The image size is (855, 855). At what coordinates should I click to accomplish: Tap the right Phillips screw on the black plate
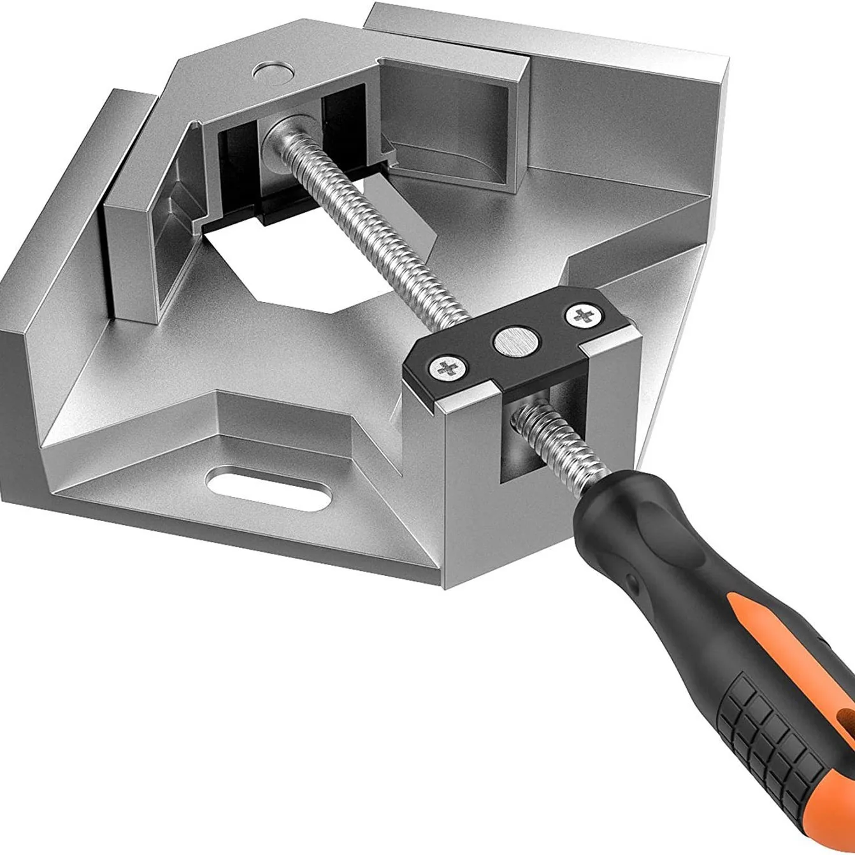point(578,314)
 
